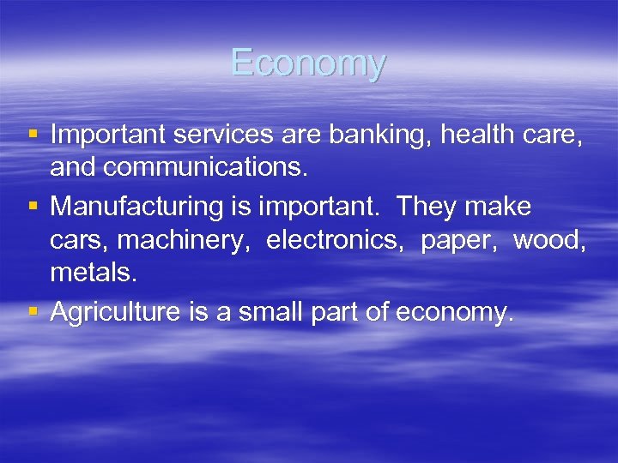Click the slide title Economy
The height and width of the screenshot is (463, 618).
(308, 63)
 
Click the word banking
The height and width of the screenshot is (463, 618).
(379, 135)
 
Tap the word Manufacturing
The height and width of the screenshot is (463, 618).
(130, 207)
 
